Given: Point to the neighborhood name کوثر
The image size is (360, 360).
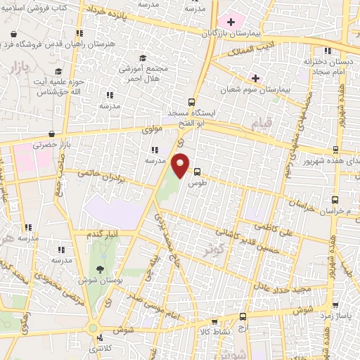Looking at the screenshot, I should pos(216,250).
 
